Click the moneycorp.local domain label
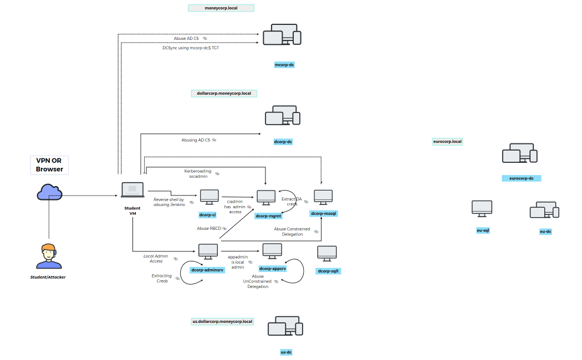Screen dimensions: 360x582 pos(221,8)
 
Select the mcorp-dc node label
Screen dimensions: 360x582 pos(284,65)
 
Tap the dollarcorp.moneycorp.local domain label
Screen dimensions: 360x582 pos(224,93)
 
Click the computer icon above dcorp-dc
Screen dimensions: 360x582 pos(282,116)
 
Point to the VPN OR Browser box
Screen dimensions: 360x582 pos(49,164)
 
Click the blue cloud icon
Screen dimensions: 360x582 pos(49,193)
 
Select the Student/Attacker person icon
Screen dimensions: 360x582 pos(48,256)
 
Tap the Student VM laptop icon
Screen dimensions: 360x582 pos(132,191)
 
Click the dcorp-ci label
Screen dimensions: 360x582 pos(207,214)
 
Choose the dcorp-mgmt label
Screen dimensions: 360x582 pos(268,216)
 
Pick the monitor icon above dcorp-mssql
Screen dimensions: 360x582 pos(323,197)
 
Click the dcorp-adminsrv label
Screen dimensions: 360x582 pos(207,270)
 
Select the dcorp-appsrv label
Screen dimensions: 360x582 pos(272,269)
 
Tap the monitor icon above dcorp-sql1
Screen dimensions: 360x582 pos(326,254)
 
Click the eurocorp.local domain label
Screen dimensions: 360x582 pos(447,142)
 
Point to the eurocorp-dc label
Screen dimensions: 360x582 pos(521,178)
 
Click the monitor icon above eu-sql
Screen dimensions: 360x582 pos(482,208)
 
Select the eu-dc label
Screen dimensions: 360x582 pos(545,232)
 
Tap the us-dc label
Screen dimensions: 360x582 pos(286,352)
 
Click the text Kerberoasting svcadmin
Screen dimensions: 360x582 pos(198,174)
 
